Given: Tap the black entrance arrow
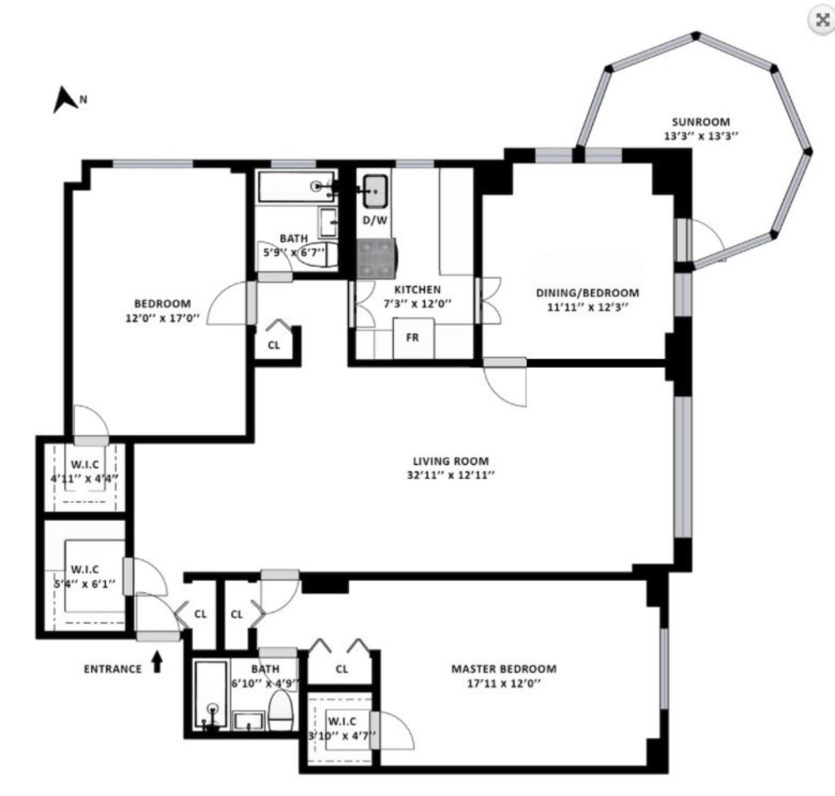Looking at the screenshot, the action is [157, 662].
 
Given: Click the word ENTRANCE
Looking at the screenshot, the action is [113, 669].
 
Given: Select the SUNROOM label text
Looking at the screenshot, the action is [701, 122].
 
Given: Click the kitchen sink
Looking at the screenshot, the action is [375, 192].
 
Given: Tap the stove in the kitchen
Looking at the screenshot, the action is [376, 258].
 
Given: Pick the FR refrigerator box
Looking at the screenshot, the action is [413, 338].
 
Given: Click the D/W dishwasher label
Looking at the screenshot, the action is [375, 220].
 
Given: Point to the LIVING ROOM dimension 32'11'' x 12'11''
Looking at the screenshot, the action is [451, 475].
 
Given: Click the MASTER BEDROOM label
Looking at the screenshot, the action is [504, 669].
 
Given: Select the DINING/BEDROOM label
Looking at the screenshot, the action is [587, 292].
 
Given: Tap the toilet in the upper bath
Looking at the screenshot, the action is [318, 255].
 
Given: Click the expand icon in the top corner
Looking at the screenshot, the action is [822, 20].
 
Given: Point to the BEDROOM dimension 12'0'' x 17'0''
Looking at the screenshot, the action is [162, 318].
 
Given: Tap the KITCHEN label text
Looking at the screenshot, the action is [417, 290].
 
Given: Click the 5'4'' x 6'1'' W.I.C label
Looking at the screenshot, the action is [84, 584].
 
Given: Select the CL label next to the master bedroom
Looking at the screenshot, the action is [342, 669].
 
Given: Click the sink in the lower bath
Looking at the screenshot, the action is [249, 721].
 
